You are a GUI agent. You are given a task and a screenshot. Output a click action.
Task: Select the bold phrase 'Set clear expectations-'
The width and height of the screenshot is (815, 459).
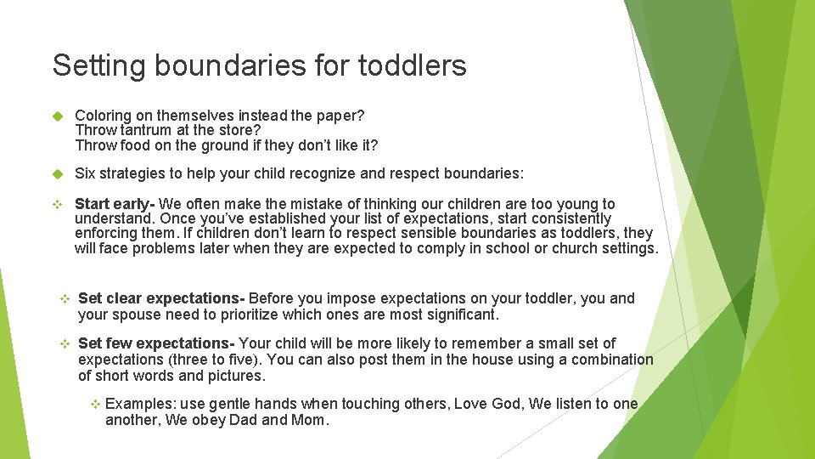coord(161,298)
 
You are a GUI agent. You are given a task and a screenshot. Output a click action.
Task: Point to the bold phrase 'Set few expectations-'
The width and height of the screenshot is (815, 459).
coord(156,343)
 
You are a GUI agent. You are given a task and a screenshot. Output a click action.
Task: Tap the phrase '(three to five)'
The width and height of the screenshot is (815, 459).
coord(216,360)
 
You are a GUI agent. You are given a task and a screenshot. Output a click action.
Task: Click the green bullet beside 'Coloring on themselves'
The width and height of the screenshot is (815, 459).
coord(58,116)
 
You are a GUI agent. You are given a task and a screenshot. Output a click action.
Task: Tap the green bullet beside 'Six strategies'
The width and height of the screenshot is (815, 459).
coord(58,174)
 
